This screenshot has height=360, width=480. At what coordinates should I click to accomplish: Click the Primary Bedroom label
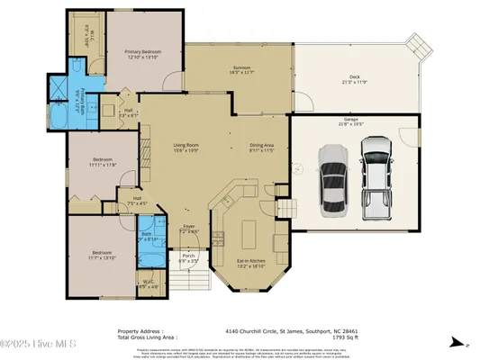pyautogui.click(x=143, y=55)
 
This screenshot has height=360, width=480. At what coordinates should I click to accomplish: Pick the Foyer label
pyautogui.click(x=189, y=229)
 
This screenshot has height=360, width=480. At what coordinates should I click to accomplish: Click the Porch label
pyautogui.click(x=189, y=257)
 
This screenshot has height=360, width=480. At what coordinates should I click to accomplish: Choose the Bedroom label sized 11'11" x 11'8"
pyautogui.click(x=103, y=163)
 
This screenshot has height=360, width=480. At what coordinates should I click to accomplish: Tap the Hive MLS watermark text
pyautogui.click(x=39, y=343)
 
